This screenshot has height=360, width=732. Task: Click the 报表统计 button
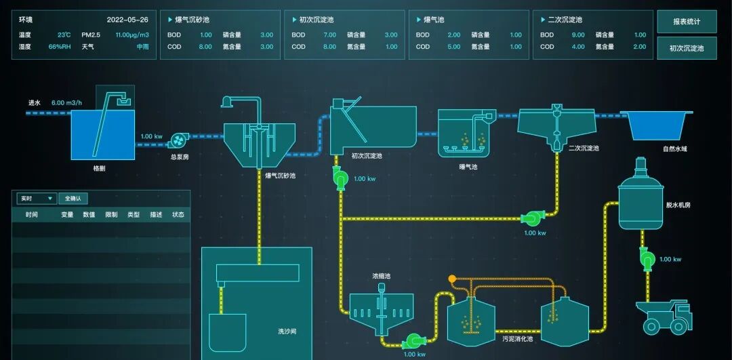tap(687, 22)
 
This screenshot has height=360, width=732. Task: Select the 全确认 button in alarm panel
tap(73, 199)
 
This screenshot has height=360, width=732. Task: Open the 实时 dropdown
tap(37, 199)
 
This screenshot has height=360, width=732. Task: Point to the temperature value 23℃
tap(64, 35)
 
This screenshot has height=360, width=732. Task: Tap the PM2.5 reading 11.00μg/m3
tap(132, 35)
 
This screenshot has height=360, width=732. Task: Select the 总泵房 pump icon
tap(178, 139)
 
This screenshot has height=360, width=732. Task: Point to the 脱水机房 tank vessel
tap(640, 200)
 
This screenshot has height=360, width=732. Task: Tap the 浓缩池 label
tap(382, 277)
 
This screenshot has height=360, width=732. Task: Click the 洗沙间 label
tap(287, 332)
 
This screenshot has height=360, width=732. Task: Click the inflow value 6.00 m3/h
tap(66, 103)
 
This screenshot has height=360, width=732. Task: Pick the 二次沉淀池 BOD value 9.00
tap(578, 35)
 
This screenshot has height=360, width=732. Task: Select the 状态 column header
tap(178, 215)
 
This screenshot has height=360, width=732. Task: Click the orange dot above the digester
tap(452, 278)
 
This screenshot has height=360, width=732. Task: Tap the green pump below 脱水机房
tap(647, 258)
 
